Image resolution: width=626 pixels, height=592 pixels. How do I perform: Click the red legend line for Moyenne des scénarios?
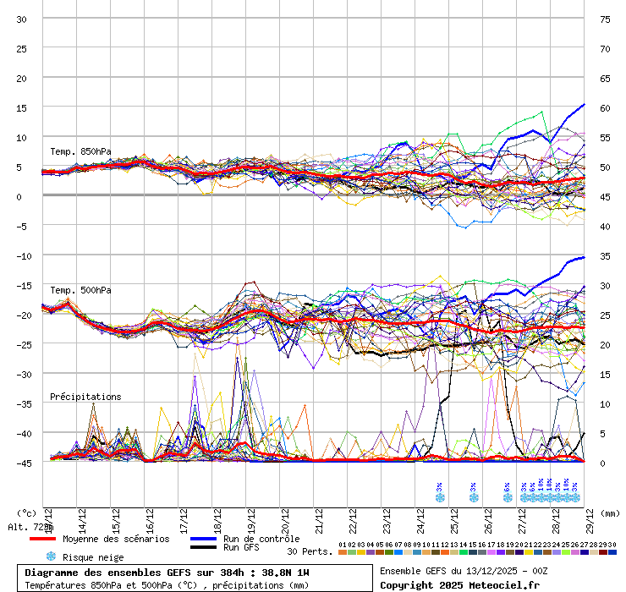click(x=42, y=539)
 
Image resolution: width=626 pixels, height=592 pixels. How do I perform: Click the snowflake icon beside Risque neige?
click(x=50, y=556)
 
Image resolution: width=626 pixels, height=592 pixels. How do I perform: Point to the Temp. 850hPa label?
click(x=80, y=151)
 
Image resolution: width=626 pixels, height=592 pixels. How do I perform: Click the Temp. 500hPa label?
click(x=80, y=290)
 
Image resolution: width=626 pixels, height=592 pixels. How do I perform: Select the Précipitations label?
click(x=85, y=397)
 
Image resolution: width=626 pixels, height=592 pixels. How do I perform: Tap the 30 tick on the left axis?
click(x=22, y=19)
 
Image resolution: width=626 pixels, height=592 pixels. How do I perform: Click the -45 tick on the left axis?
click(x=20, y=463)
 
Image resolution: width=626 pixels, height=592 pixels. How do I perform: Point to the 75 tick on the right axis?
click(x=605, y=19)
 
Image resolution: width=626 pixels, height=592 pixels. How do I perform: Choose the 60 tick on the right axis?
click(x=605, y=107)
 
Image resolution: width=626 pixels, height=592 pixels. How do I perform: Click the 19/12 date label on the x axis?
click(x=251, y=518)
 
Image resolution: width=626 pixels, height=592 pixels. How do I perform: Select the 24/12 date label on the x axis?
click(x=420, y=518)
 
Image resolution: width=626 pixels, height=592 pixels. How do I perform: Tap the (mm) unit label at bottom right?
click(x=611, y=513)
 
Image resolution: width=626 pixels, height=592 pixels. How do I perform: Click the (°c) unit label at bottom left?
click(x=26, y=513)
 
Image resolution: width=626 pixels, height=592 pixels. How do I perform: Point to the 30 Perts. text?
click(x=305, y=551)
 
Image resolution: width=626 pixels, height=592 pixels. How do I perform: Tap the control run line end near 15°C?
click(x=583, y=105)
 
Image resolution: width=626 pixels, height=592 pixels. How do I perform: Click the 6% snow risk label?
click(x=507, y=487)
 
